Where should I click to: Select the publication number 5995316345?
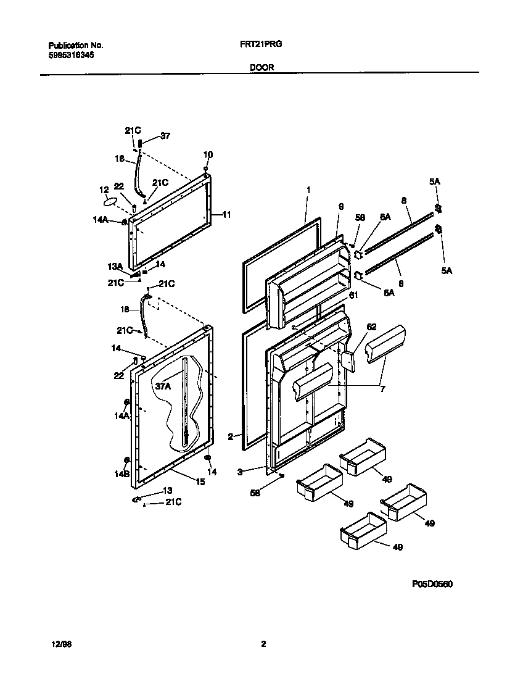(71, 55)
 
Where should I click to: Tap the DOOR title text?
(261, 69)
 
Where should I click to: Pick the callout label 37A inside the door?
(163, 386)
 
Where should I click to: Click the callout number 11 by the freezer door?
(226, 215)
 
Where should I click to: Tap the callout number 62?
(371, 327)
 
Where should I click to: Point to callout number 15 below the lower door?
(200, 481)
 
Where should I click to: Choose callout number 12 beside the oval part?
(104, 190)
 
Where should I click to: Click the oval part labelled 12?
(110, 201)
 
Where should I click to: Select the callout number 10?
(208, 154)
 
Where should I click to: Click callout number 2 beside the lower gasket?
(230, 436)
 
